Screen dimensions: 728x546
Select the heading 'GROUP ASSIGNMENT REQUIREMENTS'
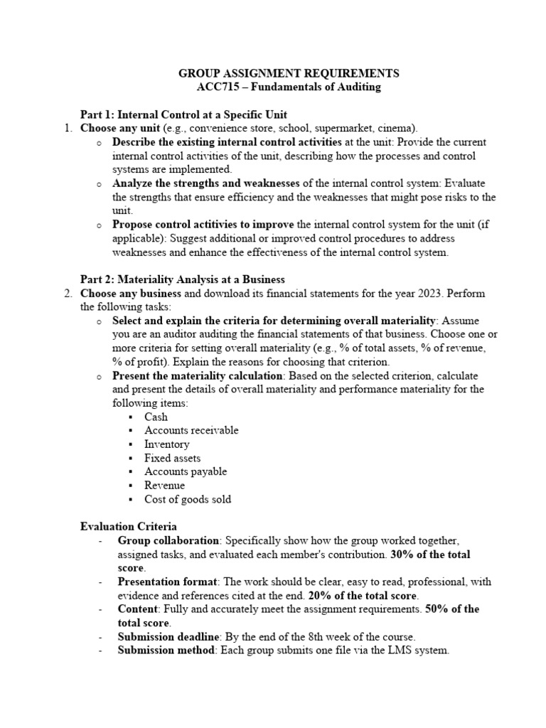[x=288, y=73]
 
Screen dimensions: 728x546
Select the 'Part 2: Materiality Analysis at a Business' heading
[x=182, y=279]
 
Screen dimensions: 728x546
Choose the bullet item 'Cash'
[x=156, y=417]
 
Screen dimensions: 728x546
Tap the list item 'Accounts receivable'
[x=191, y=430]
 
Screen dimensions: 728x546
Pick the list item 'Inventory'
[x=167, y=444]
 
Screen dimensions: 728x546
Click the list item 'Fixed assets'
[x=173, y=458]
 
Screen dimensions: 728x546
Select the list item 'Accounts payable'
[x=186, y=471]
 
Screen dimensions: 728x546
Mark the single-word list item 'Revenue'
[x=164, y=486]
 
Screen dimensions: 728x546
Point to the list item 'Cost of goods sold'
[x=188, y=499]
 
